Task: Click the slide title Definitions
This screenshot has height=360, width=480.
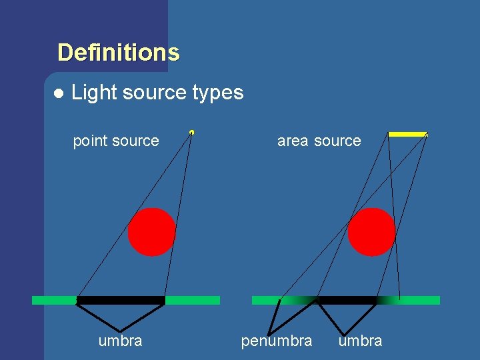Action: click(x=119, y=52)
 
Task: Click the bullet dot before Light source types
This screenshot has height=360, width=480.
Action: click(x=59, y=93)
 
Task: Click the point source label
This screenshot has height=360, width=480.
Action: click(x=116, y=141)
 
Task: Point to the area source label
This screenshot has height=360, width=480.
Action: click(x=319, y=141)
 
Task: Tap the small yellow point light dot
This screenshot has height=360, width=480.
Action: click(x=192, y=132)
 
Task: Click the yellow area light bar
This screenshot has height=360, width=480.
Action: click(x=407, y=134)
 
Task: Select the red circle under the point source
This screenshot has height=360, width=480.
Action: click(x=152, y=232)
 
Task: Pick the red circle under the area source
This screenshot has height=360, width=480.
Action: click(x=371, y=232)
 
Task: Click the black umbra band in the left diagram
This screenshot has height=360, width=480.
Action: click(x=121, y=300)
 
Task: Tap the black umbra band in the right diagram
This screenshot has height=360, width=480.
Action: click(x=347, y=300)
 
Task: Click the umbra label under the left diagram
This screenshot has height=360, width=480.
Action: click(x=120, y=341)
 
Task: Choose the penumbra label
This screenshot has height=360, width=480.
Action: click(x=276, y=341)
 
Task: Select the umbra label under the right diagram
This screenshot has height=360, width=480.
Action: click(x=360, y=341)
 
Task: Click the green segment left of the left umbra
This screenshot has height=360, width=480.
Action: click(x=54, y=300)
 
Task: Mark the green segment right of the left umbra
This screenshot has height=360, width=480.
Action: click(x=192, y=300)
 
